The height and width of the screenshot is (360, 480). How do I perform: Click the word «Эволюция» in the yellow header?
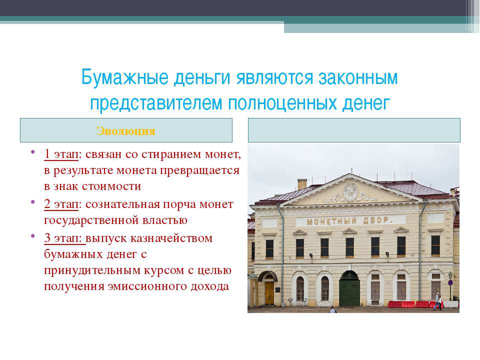coord(126,131)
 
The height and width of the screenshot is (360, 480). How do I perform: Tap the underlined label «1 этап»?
coord(61,154)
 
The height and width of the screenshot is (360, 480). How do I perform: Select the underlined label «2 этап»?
coord(61,204)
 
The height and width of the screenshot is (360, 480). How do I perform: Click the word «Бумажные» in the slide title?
coord(125,77)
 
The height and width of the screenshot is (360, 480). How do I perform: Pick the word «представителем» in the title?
coord(156,103)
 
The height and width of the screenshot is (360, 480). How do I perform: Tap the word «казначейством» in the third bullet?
coord(171,238)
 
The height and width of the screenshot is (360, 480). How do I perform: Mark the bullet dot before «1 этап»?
coord(33,151)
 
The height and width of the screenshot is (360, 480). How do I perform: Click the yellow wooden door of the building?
coord(269,293)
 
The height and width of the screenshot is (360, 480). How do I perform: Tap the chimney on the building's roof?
coord(302,184)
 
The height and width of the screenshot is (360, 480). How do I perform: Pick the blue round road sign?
coord(450,282)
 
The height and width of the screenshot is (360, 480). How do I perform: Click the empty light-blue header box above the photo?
coord(354,130)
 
